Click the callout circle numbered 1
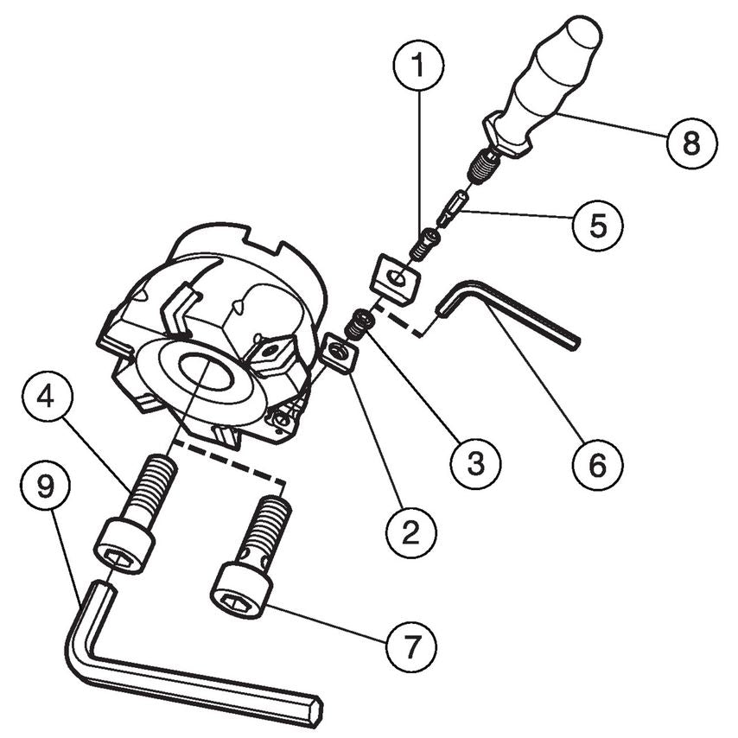click(418, 65)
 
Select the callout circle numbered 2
click(411, 533)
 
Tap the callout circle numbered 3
click(475, 463)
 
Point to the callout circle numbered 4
click(47, 398)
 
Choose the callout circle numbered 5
click(598, 226)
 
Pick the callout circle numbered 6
click(598, 463)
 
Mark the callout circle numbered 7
click(411, 647)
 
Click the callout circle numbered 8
click(692, 142)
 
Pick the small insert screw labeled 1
click(423, 244)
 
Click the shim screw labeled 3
click(360, 325)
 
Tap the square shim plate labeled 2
click(339, 353)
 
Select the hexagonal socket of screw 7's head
click(234, 601)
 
